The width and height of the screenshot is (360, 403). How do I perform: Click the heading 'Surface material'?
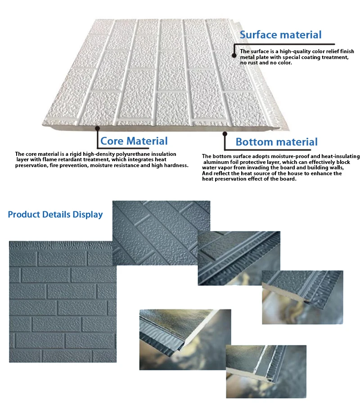(280, 35)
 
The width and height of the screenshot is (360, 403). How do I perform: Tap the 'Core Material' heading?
(134, 141)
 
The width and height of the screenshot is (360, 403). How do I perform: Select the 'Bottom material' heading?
(276, 142)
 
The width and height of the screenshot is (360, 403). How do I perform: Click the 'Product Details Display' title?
(55, 214)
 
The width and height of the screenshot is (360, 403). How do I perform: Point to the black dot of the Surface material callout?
(234, 55)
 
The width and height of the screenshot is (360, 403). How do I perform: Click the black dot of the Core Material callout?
(97, 129)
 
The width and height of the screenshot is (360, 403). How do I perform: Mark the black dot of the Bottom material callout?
(224, 133)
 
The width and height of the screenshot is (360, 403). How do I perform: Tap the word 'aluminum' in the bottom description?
(217, 162)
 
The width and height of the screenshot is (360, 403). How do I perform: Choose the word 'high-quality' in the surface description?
(285, 51)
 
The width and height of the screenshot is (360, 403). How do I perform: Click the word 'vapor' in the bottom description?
(218, 168)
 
